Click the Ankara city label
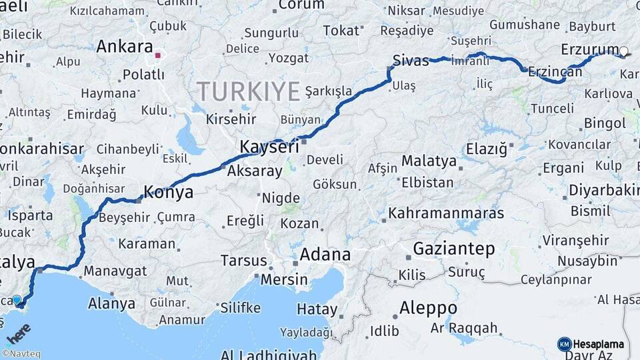point(125,47)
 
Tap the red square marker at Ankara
point(158,56)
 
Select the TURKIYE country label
point(248,91)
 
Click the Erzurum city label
point(589,49)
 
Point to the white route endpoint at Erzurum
point(623,51)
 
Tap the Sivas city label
point(411,60)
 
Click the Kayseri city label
point(269,147)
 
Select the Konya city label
point(169,193)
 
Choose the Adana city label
point(325,255)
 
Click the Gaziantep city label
point(454,249)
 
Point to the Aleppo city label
point(428,308)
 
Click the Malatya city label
point(429,161)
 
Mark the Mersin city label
point(284,279)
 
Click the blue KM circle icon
point(564,344)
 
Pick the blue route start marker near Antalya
point(17,300)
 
